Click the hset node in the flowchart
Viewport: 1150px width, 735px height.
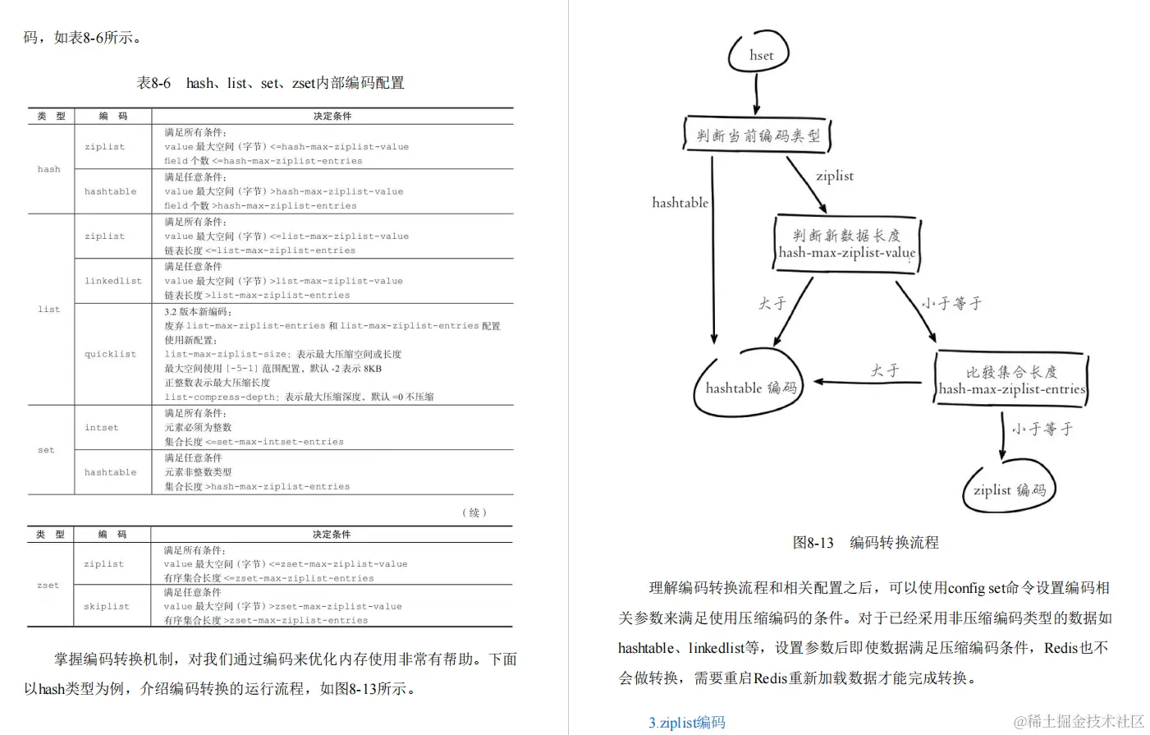tap(760, 55)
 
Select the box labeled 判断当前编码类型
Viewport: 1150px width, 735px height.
tap(757, 136)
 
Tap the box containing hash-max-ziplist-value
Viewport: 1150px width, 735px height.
tap(846, 244)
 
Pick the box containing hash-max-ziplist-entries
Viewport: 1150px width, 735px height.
tap(1011, 380)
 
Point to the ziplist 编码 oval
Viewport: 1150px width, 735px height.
tap(1009, 489)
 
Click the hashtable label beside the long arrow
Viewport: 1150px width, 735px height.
tap(680, 202)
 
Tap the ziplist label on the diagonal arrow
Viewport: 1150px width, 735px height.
tap(834, 175)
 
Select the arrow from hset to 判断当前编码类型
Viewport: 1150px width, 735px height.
tap(756, 94)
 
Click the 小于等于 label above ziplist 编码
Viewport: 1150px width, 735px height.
tap(1041, 429)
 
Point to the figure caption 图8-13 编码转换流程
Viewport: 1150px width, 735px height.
tap(865, 542)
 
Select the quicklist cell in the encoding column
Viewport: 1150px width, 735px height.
tap(110, 354)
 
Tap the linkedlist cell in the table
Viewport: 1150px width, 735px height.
tap(112, 281)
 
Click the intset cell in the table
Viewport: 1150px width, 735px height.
tap(101, 427)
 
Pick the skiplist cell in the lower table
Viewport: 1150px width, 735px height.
tap(106, 606)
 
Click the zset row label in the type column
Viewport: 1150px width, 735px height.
tap(48, 585)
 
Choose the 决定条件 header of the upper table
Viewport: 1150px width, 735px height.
tap(332, 116)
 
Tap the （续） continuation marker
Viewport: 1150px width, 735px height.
tap(474, 512)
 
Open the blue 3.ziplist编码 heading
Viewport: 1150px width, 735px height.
tap(686, 722)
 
